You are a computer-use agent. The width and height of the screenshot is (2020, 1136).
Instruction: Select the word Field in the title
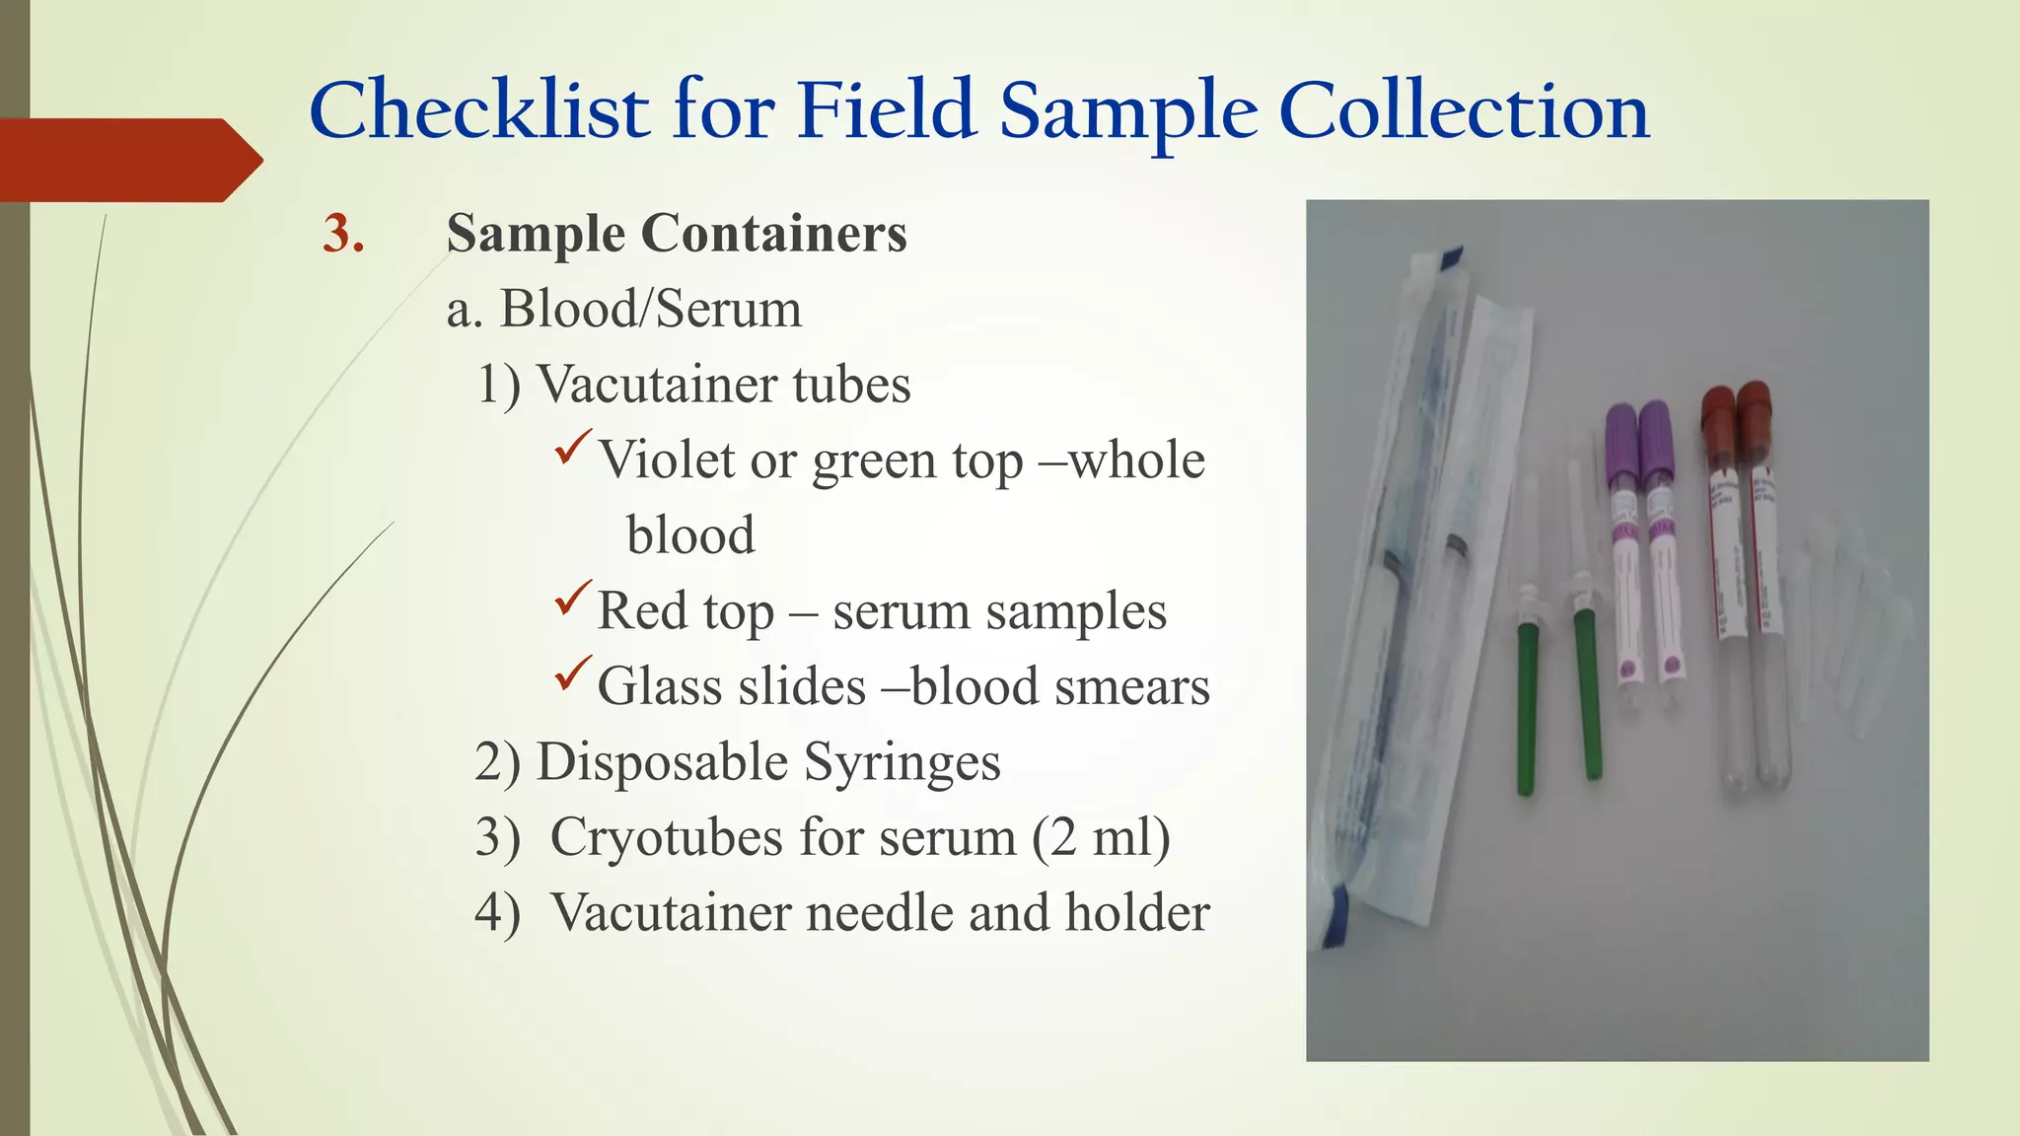(x=886, y=110)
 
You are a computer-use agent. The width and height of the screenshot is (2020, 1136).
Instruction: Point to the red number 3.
(x=343, y=235)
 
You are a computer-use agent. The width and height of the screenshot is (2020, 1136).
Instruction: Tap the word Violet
(x=666, y=461)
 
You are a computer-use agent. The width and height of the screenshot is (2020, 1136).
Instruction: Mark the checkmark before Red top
(x=573, y=598)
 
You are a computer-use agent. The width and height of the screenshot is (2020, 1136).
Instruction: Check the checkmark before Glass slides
(x=573, y=673)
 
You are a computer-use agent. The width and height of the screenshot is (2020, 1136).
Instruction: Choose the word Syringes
(x=902, y=763)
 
